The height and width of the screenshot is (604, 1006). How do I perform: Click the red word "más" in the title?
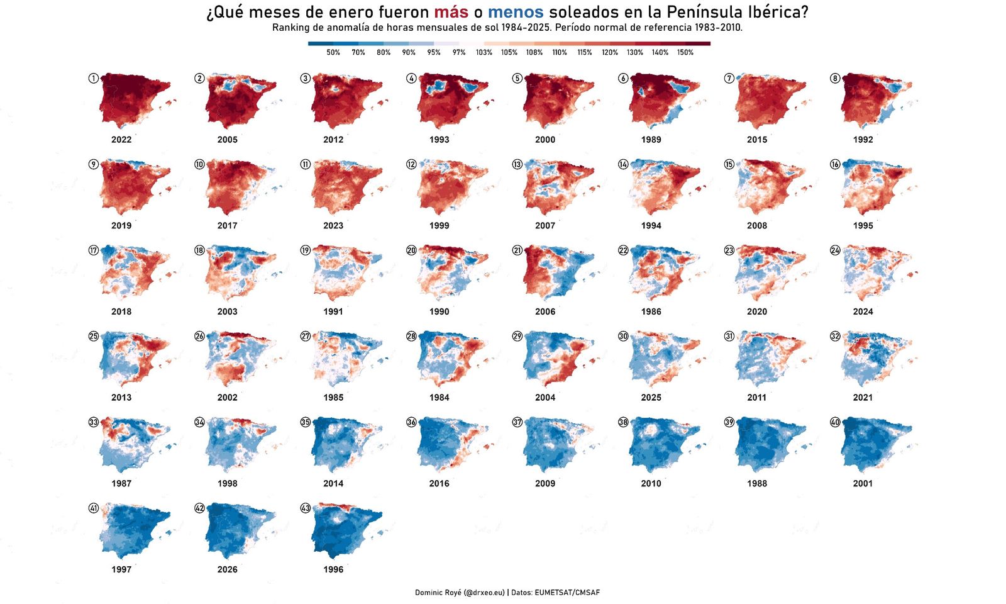(451, 12)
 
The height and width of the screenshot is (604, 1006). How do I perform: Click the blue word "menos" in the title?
(516, 12)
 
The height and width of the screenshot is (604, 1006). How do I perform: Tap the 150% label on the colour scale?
(685, 53)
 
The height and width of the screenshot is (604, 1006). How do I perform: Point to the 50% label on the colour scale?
(333, 53)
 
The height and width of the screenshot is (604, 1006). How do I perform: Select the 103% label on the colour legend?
(484, 53)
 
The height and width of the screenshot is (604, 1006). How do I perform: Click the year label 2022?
(121, 140)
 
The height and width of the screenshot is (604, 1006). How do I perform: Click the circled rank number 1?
(93, 78)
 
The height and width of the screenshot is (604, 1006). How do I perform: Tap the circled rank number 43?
(305, 508)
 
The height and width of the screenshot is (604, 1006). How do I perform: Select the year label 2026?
(227, 569)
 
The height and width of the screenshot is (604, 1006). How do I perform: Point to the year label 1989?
(651, 140)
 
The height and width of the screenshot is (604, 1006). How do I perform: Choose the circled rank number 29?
(517, 336)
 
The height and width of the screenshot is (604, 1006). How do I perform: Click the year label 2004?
(545, 398)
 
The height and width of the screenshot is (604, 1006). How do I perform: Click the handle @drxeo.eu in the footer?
(484, 593)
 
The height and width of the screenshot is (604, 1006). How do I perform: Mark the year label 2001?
(863, 484)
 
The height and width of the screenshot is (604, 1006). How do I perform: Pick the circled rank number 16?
(834, 164)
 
